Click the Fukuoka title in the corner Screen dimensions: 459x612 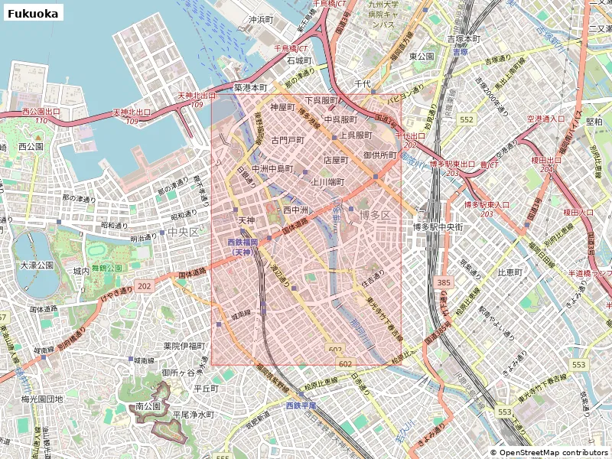tap(32, 13)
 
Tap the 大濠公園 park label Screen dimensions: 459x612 tap(33, 265)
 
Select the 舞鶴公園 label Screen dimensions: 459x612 tap(107, 269)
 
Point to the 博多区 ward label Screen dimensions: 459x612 tap(375, 215)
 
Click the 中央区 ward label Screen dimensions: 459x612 tap(183, 232)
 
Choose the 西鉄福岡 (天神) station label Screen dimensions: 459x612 tap(243, 246)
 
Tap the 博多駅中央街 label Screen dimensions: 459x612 tap(439, 226)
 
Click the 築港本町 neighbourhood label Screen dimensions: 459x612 tap(250, 87)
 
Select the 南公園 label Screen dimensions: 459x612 tap(147, 406)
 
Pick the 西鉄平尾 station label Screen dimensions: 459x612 tap(301, 405)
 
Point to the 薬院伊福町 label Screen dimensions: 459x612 tap(184, 347)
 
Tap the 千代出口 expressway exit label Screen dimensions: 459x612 tap(410, 135)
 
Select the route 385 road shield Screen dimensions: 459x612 tap(444, 283)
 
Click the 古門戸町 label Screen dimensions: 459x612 tap(288, 141)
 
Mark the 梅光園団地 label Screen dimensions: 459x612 tap(41, 399)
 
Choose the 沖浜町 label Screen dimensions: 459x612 tap(260, 19)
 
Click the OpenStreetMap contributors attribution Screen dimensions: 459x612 tap(549, 452)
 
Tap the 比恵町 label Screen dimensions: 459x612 tap(509, 272)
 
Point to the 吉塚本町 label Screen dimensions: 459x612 tap(464, 38)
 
